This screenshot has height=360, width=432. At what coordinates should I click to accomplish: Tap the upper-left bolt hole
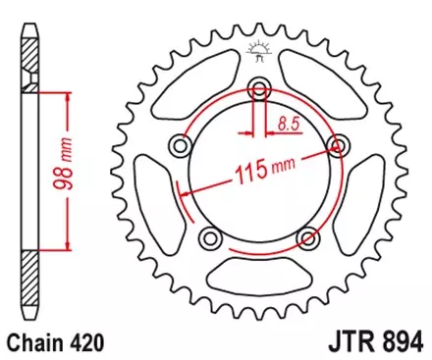click(181, 147)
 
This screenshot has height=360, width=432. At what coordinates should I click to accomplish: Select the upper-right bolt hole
click(340, 147)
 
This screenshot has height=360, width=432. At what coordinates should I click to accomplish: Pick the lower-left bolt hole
click(209, 238)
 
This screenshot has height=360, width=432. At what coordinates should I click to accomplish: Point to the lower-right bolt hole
click(309, 238)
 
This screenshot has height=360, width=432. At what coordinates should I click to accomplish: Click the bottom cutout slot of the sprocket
click(259, 278)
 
